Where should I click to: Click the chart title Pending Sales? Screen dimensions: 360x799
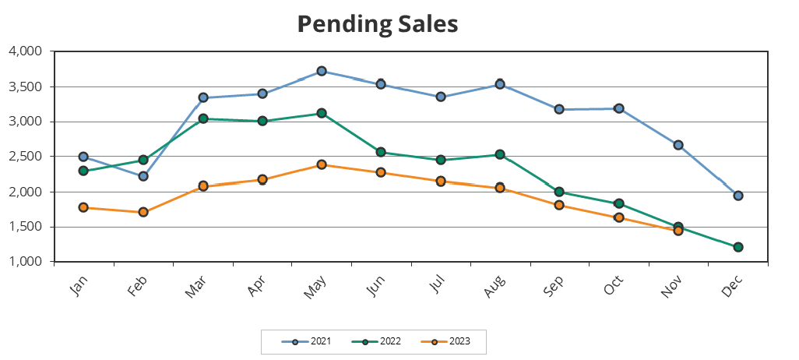point(378,24)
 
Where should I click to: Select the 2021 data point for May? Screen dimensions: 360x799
point(322,72)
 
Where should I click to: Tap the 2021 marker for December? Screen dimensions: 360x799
point(737,196)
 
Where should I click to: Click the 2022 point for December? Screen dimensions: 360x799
point(737,247)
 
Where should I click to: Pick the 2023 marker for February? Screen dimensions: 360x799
point(143,212)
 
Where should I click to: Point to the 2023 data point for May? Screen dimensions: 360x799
point(322,164)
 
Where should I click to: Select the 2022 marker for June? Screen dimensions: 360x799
point(381,152)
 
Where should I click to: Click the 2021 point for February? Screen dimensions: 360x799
point(143,176)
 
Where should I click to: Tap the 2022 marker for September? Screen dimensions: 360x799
point(559,192)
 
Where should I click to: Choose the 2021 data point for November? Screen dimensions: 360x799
point(678,145)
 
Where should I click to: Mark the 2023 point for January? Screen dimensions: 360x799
point(83,207)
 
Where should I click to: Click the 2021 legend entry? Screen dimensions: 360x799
point(311,341)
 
